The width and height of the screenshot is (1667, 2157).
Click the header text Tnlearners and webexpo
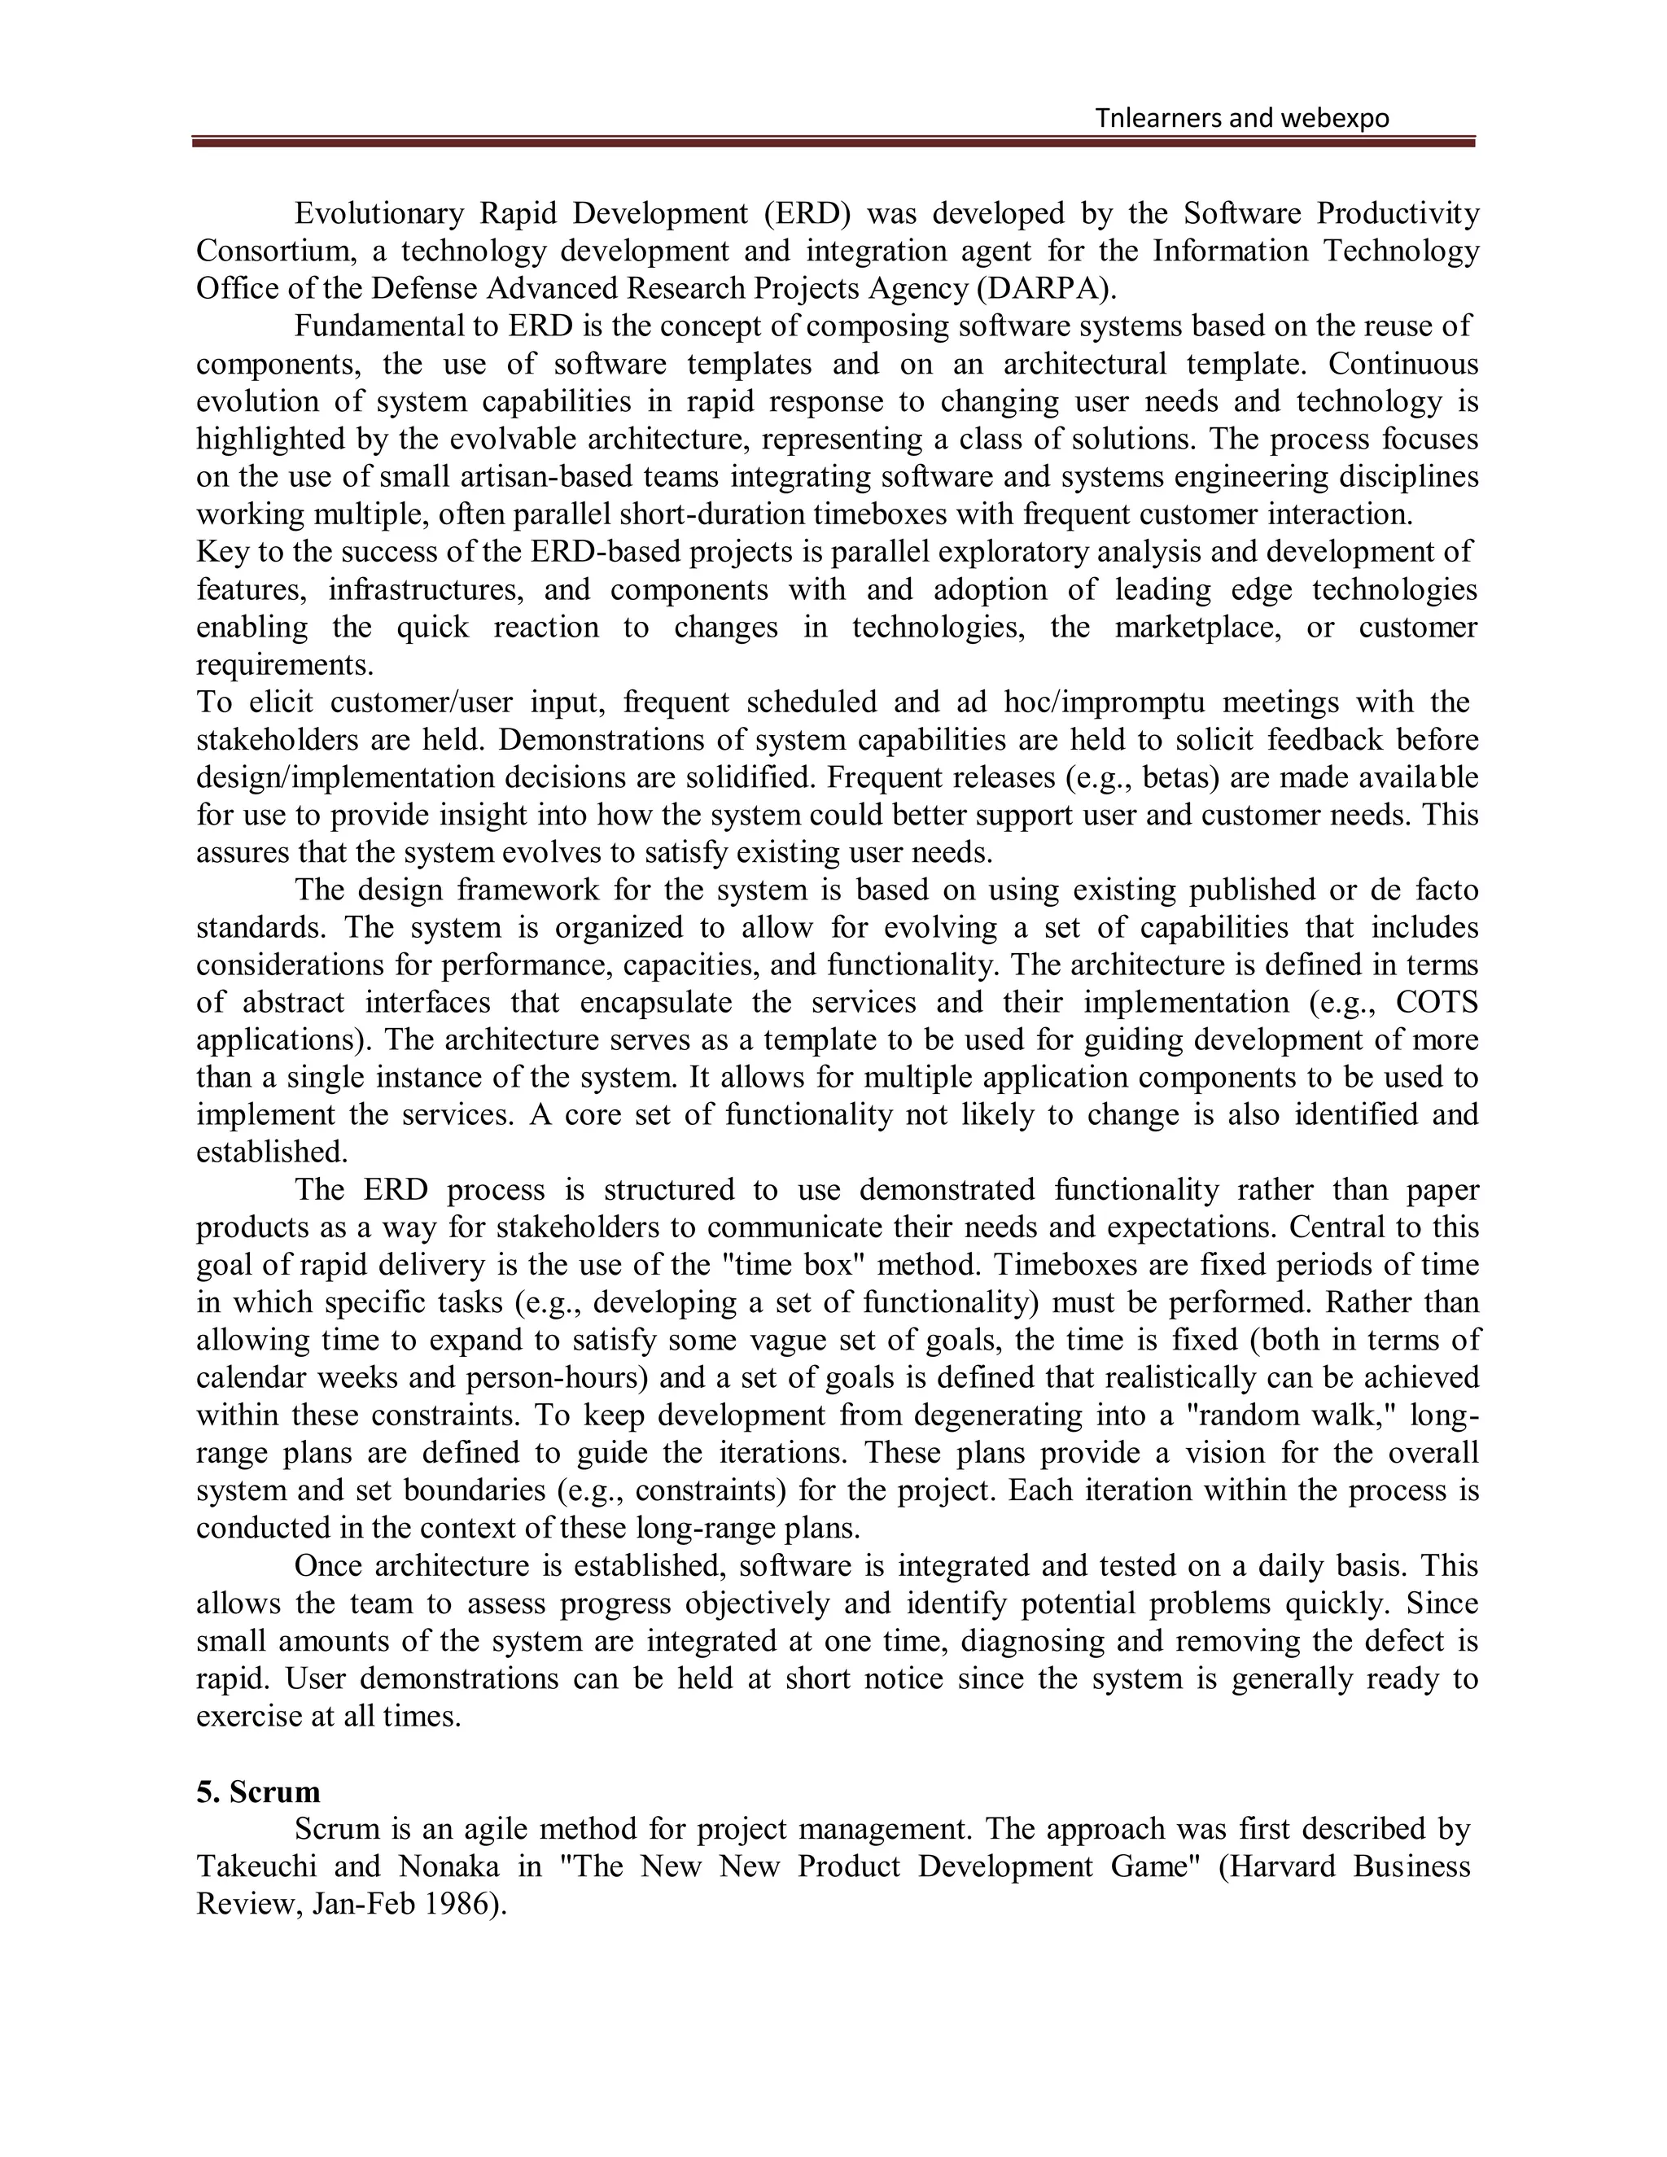coord(1241,119)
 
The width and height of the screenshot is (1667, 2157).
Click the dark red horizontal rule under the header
coord(833,143)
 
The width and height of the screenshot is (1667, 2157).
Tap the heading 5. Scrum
coord(258,1792)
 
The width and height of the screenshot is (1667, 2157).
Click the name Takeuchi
coord(255,1866)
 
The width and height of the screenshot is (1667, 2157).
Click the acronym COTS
coord(1436,1003)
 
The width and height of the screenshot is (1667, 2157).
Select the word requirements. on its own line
coord(284,665)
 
